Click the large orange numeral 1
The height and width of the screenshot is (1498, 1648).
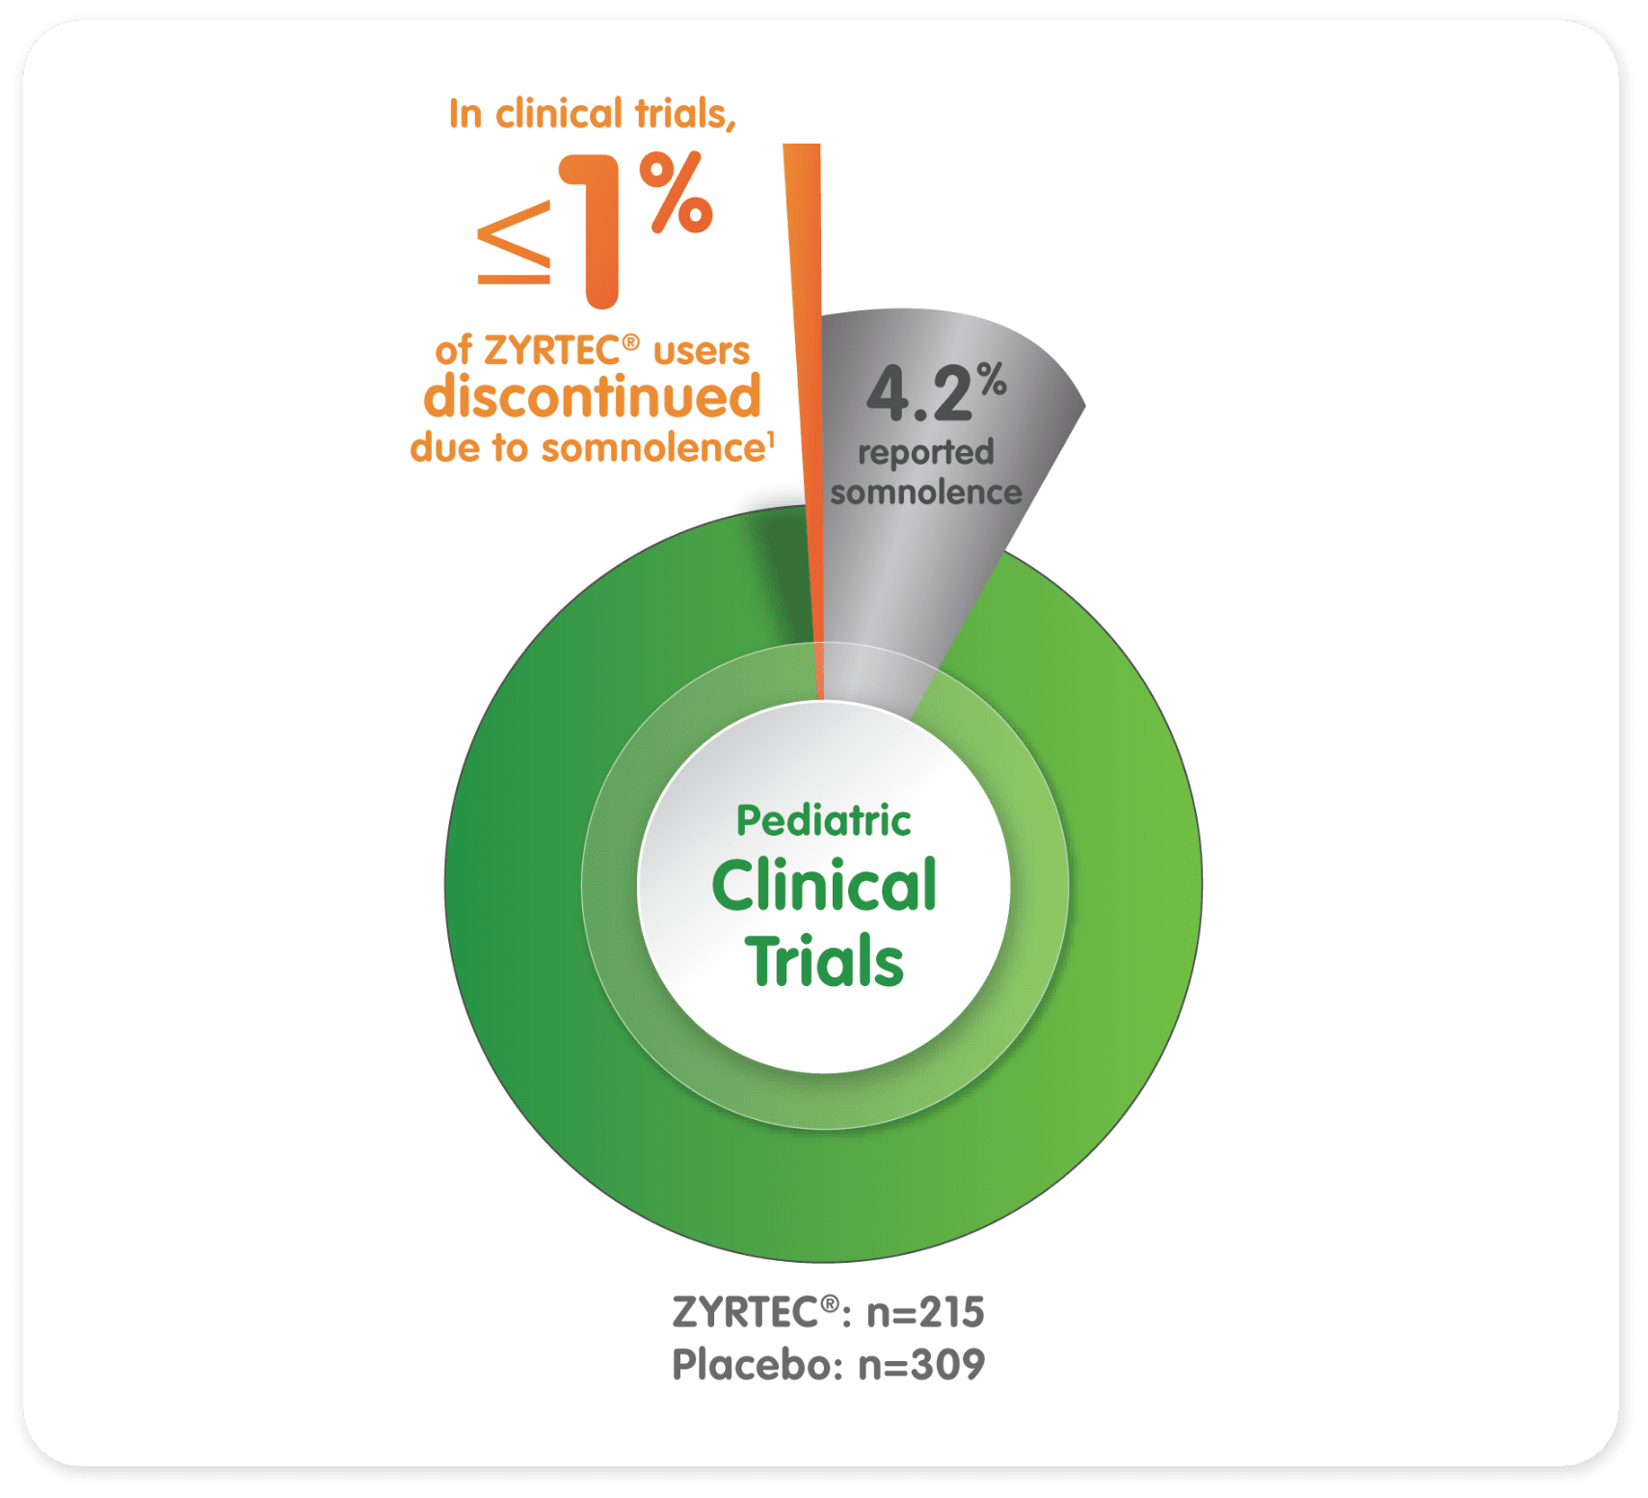[595, 231]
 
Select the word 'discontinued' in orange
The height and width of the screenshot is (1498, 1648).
[592, 397]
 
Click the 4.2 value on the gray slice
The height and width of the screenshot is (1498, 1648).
[919, 394]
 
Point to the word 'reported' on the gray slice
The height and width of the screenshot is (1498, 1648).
[925, 452]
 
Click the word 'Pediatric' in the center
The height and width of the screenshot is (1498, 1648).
[823, 821]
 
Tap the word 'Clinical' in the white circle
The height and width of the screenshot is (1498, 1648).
[823, 886]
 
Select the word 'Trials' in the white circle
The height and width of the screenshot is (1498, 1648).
[823, 961]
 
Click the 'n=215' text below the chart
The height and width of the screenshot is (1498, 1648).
[925, 1313]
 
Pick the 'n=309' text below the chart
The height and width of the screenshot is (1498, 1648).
[921, 1365]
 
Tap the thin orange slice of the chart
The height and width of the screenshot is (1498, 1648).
[806, 386]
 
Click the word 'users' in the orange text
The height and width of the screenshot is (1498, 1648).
[701, 351]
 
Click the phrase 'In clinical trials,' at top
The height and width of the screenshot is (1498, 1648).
[592, 114]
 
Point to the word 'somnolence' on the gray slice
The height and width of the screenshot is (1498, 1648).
[925, 493]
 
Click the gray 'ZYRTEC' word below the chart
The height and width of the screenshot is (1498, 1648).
[745, 1313]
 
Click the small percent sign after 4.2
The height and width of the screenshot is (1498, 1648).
[993, 380]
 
